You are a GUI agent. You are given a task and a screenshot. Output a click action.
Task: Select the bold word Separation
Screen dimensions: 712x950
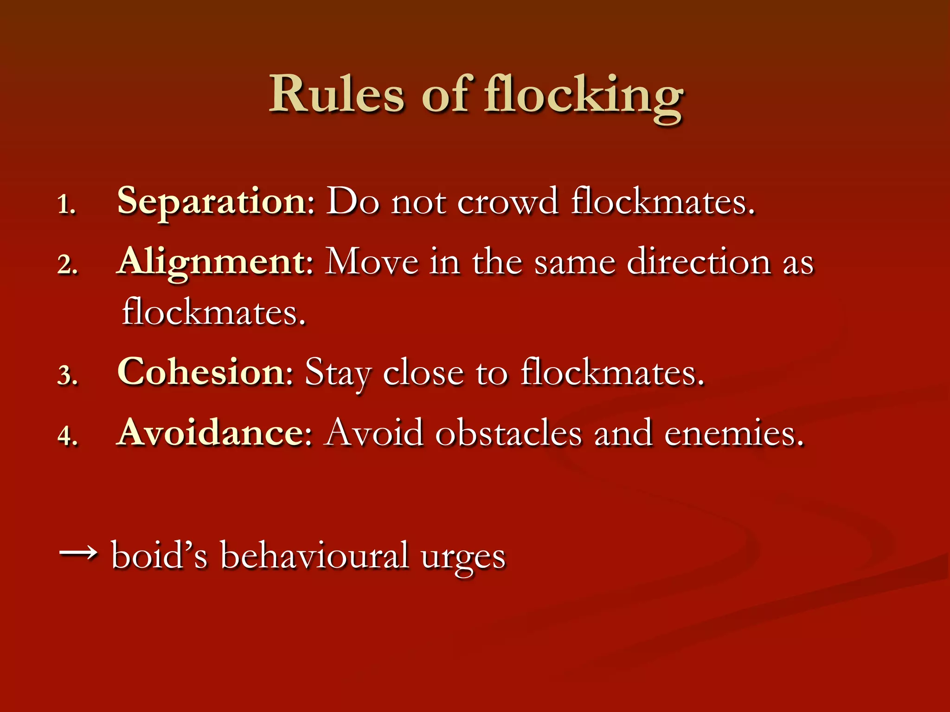coord(211,202)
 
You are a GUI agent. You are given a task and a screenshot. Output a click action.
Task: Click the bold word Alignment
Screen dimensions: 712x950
coord(211,262)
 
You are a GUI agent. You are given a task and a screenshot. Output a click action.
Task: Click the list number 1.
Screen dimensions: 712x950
coord(66,204)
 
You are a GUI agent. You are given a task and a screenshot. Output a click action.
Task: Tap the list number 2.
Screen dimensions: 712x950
coord(68,265)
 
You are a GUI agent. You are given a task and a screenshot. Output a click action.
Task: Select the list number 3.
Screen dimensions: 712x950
coord(68,375)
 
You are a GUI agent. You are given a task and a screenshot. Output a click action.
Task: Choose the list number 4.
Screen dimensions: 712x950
coord(68,435)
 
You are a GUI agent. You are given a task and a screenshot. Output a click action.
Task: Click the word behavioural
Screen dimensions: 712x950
coord(314,555)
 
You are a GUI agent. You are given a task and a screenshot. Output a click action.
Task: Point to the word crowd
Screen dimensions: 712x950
coord(507,202)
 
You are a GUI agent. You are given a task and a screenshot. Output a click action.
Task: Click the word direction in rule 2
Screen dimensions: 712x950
coord(699,262)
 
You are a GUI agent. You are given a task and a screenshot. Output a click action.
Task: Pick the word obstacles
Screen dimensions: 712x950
coord(508,432)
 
